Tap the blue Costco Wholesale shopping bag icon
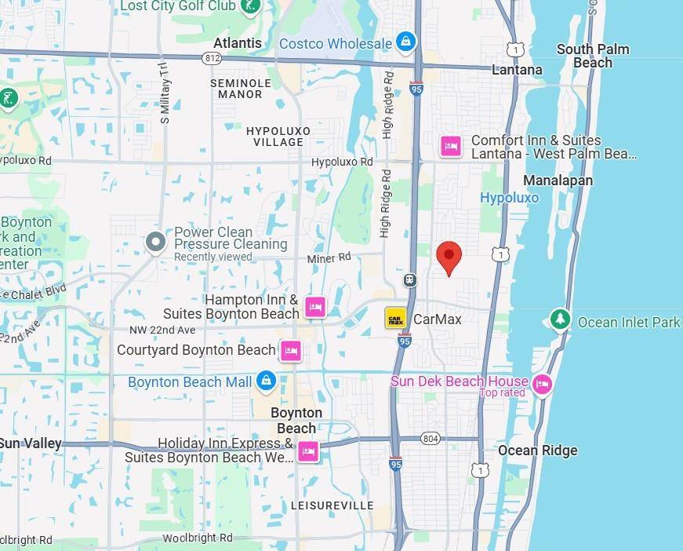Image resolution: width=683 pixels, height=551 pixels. coord(405,42)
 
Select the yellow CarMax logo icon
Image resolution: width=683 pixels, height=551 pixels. coord(395,318)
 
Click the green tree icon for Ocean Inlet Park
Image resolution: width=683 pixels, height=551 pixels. coord(559,319)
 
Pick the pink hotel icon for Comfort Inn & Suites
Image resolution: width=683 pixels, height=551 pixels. coord(450,145)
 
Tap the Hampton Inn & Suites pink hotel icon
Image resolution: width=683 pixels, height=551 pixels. coord(315,307)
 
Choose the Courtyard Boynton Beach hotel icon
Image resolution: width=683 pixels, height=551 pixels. coord(291,351)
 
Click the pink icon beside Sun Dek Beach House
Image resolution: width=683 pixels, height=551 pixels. coord(542,385)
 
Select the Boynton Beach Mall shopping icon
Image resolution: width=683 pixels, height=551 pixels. coord(267,380)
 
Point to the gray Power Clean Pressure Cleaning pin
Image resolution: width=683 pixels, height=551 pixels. coord(156,243)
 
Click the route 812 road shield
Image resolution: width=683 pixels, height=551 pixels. coord(211,58)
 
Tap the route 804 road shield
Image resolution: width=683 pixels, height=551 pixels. coord(431,438)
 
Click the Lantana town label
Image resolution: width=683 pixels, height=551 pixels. coord(517,70)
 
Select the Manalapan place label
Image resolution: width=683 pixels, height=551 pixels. coord(558,181)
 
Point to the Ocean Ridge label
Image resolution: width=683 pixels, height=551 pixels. coord(538,451)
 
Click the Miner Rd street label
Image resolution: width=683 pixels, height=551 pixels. coord(329,257)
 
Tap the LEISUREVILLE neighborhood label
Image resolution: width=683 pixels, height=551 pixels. coord(332,505)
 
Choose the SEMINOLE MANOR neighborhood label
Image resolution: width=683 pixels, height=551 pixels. coord(240,89)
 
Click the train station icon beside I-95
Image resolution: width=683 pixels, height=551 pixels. coord(409,279)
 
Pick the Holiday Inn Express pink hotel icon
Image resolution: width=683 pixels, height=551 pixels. coord(308,451)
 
